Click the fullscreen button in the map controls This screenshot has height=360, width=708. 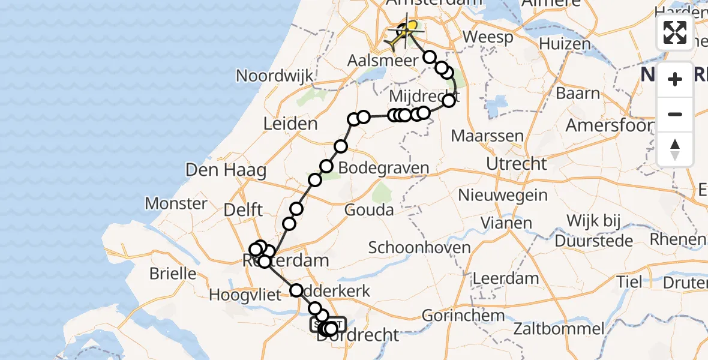675,32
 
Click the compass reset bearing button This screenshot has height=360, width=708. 675,149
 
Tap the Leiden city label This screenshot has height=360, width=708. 290,124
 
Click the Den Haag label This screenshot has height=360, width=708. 226,170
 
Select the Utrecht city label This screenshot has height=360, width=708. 517,164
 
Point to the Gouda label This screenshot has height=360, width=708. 369,210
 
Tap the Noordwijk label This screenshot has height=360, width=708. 275,76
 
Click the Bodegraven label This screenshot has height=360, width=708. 384,168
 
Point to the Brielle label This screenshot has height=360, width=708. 173,274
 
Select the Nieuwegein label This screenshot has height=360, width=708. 503,195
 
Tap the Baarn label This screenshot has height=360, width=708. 578,93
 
